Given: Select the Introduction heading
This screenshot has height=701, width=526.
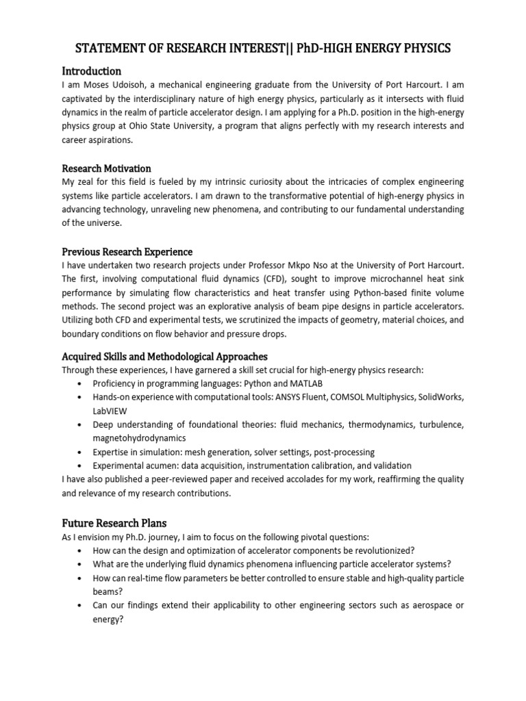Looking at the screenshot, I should (91, 71).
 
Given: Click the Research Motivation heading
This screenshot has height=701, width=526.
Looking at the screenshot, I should (106, 168).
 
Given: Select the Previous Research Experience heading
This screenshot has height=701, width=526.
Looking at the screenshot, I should (127, 252).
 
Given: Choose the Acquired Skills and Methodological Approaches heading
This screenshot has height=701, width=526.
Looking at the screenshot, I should (164, 357).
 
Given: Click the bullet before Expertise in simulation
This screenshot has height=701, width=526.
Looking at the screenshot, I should (82, 452).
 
